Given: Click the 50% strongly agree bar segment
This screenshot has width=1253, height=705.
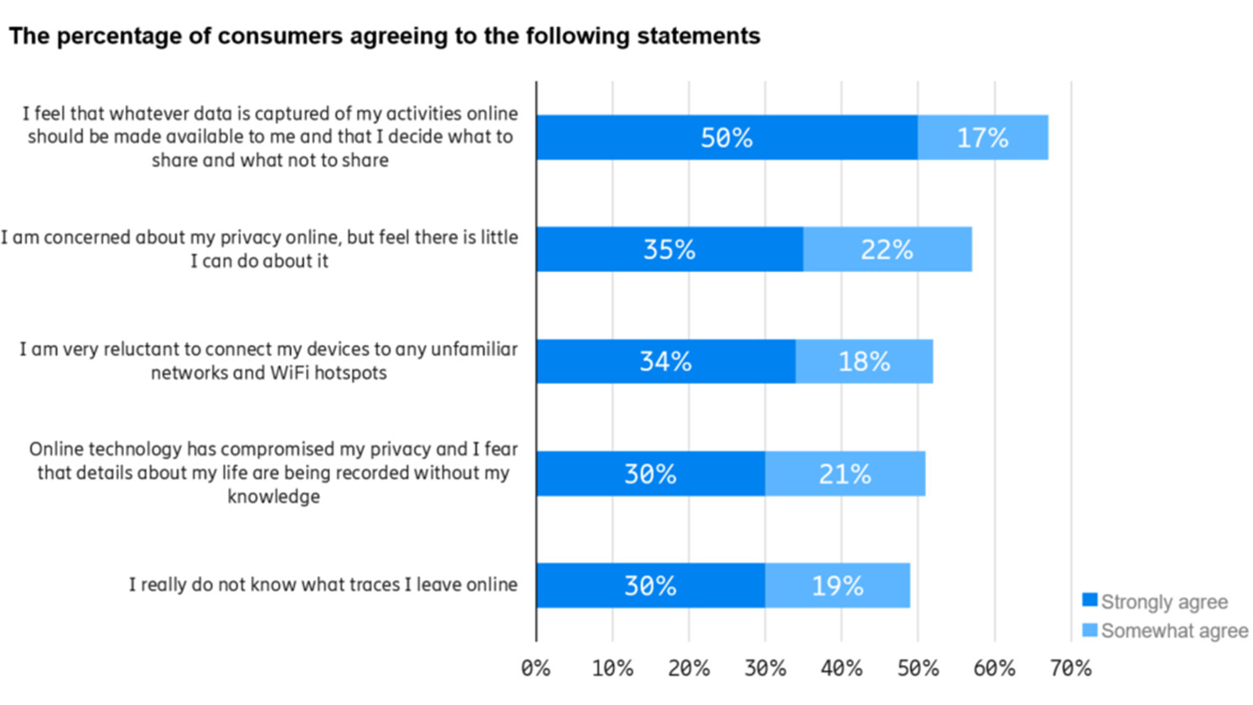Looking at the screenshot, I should (x=726, y=137).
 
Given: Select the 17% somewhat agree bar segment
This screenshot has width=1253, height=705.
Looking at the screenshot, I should (x=982, y=137).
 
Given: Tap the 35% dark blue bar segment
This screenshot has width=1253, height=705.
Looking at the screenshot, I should (x=669, y=250).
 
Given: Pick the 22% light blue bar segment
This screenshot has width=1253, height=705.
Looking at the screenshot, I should (x=887, y=250).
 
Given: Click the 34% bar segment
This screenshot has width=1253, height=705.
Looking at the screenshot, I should (x=665, y=362).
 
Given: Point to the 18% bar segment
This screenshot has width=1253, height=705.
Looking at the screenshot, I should (x=864, y=362).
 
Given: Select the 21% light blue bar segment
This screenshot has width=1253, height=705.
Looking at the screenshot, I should (x=845, y=474).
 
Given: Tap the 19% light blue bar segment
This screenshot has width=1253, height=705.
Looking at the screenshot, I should (x=837, y=585).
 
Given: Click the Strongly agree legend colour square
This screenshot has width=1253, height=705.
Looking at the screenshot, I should (x=1090, y=600).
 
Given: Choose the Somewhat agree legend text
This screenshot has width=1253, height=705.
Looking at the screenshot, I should (x=1174, y=630).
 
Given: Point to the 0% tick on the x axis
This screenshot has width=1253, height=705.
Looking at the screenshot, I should (x=536, y=668).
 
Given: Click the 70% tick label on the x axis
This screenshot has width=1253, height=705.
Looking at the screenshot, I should (x=1070, y=668).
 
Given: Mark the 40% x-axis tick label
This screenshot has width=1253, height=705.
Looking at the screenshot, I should (x=841, y=668).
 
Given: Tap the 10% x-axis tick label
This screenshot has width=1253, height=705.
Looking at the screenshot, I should (x=613, y=668).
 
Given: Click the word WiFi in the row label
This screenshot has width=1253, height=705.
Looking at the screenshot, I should (x=290, y=373).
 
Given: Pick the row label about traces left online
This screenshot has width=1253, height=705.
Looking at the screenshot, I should (x=323, y=584).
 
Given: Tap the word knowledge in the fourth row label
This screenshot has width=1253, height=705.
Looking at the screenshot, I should (x=273, y=497).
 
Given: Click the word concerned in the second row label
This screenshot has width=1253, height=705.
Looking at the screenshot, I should (x=87, y=237).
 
